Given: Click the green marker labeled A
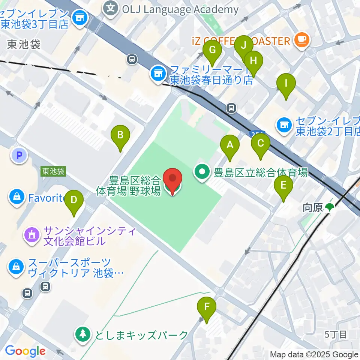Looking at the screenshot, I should [230, 145].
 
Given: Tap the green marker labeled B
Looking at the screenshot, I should [120, 135].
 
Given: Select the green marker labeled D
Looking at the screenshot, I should [74, 200].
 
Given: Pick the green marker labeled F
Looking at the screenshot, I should [207, 306].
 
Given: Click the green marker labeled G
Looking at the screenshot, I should [212, 50].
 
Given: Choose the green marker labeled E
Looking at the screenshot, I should [283, 185].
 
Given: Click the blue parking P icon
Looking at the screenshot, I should [20, 155].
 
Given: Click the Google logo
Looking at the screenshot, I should [25, 351].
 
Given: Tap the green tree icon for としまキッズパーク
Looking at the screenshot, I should [82, 334].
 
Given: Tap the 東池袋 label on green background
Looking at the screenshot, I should [53, 172].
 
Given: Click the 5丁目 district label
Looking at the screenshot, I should [336, 334].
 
